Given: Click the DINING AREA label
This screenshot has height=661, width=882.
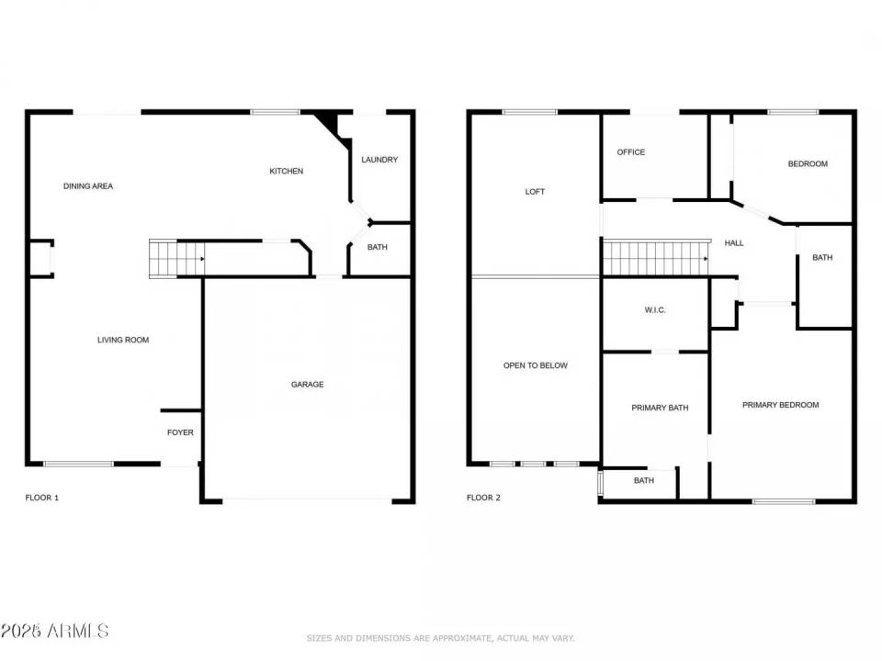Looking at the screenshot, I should point(88,186).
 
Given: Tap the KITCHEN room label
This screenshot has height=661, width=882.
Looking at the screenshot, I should point(286,171).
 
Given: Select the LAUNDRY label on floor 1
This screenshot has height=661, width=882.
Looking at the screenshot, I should point(379,160).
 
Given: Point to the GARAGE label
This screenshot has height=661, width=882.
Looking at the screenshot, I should point(307,385).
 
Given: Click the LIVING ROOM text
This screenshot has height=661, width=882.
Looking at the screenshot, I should point(123,341).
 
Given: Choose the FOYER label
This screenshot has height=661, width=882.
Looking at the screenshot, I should point(180,432).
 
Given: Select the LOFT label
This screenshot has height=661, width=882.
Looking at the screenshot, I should point(535,192).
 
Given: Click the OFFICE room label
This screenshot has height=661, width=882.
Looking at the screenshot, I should point(631,152).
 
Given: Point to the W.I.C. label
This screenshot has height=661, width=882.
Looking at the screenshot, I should point(655,310).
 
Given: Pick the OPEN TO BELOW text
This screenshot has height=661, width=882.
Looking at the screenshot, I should point(536,365).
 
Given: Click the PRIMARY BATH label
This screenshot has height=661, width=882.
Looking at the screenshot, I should point(660,408).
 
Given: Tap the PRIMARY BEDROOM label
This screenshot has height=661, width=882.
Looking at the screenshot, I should point(780,405).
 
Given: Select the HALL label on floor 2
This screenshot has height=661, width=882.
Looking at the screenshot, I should point(734,243).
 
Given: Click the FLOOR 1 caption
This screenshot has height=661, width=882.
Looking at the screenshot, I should point(41,498).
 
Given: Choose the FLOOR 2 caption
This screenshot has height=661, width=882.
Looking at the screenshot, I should point(483,498).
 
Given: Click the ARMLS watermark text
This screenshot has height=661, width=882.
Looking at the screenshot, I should point(55,632).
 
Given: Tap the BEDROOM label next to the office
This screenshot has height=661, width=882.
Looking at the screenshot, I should point(808,164).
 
